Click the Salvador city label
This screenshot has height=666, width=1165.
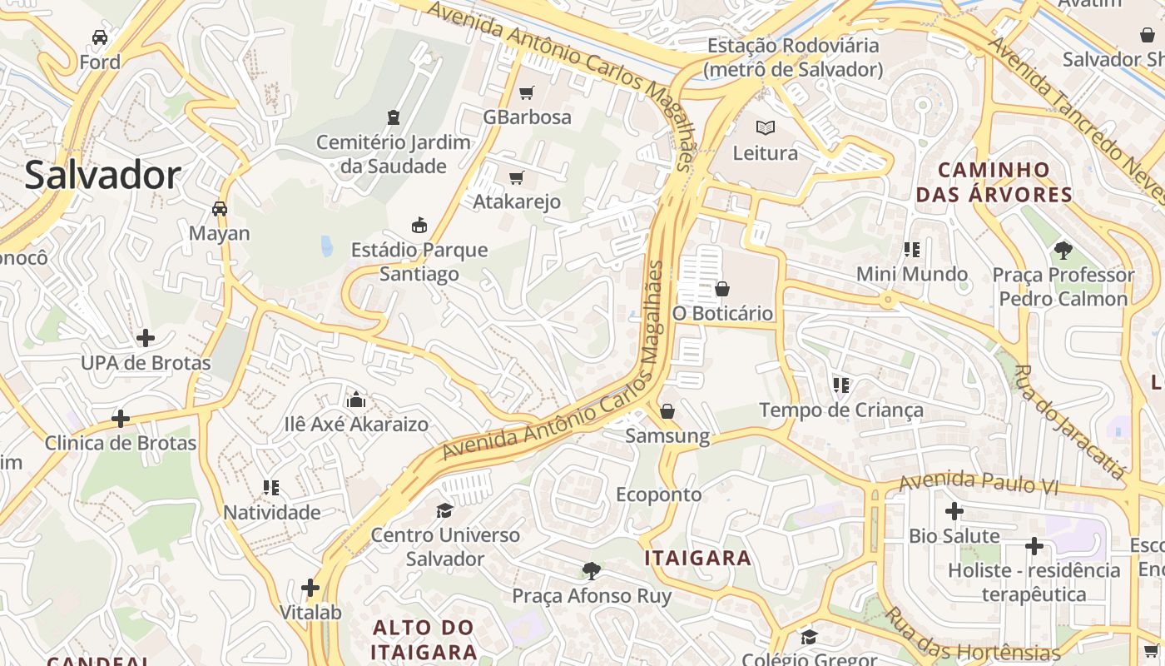click(x=102, y=176)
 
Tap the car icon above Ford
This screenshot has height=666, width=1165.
click(x=100, y=37)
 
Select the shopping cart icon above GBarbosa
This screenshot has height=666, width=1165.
click(x=526, y=92)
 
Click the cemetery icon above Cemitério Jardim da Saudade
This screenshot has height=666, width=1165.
click(x=394, y=117)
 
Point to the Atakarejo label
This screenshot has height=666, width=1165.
click(x=517, y=201)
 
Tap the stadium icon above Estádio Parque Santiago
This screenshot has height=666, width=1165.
click(x=419, y=225)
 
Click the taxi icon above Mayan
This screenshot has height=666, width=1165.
click(x=220, y=208)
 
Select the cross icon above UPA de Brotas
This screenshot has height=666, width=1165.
click(x=146, y=338)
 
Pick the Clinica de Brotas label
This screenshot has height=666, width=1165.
click(x=121, y=443)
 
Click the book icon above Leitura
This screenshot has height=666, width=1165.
click(x=765, y=128)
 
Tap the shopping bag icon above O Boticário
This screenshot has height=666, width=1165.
click(x=722, y=289)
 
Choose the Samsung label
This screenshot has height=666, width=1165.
click(x=667, y=435)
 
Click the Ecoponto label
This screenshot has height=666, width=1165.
click(x=659, y=495)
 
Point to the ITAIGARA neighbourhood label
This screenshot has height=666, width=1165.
click(x=698, y=558)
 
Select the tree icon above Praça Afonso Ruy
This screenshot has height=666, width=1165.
click(x=592, y=571)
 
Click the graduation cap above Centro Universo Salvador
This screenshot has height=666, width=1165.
click(x=445, y=509)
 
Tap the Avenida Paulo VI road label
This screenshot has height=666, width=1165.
click(x=978, y=482)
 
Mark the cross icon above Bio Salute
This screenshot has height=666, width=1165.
click(x=954, y=511)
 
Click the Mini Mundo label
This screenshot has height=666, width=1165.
click(x=912, y=274)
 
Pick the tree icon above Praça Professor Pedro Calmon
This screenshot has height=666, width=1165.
click(x=1063, y=250)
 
